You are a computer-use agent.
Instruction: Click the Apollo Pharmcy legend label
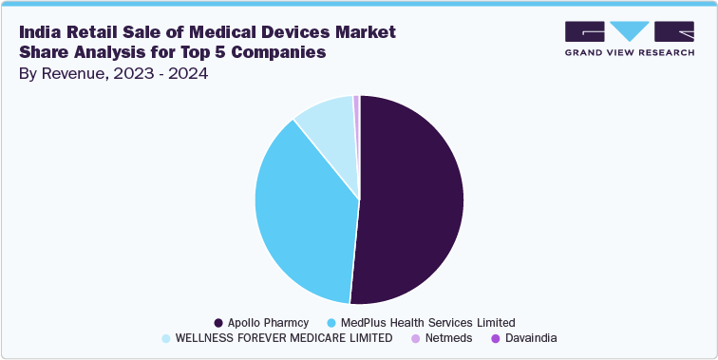tap(270, 322)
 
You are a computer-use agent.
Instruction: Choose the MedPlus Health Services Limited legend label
tap(428, 322)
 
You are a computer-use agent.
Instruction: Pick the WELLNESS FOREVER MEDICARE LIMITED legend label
tap(284, 337)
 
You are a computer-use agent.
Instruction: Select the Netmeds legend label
tap(448, 337)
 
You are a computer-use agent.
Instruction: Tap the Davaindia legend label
tap(531, 337)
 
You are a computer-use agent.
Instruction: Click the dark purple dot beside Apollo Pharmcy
tap(218, 322)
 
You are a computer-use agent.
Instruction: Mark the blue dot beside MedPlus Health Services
tap(331, 322)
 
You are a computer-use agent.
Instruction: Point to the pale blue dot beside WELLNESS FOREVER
tap(166, 337)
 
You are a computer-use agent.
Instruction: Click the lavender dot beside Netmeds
tap(415, 337)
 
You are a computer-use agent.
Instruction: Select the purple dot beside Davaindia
tap(495, 337)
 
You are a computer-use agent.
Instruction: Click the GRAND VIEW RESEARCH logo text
tap(629, 53)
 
